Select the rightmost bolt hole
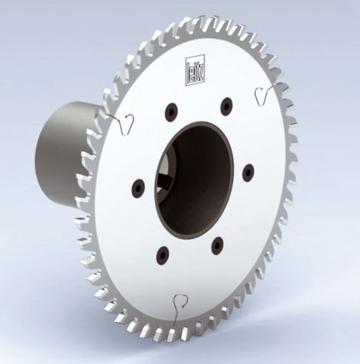[x=247, y=174]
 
